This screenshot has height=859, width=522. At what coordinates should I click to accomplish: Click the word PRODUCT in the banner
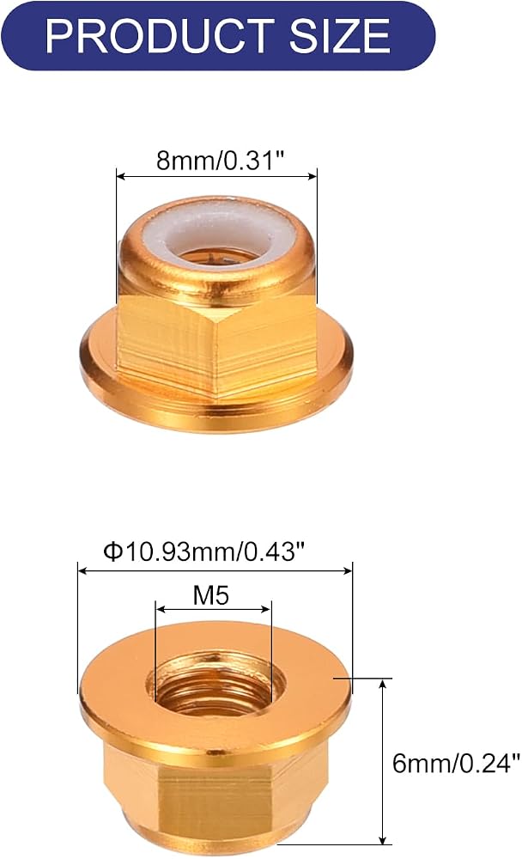[160, 36]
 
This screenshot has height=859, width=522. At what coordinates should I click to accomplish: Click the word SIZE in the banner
[340, 36]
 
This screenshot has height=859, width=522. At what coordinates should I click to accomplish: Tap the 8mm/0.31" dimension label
[221, 161]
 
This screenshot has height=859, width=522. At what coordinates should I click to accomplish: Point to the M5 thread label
[211, 595]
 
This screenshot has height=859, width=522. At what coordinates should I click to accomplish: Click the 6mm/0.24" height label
[456, 763]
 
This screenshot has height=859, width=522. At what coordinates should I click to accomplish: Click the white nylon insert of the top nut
[219, 233]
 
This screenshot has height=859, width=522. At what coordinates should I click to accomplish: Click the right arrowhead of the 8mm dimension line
[313, 176]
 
